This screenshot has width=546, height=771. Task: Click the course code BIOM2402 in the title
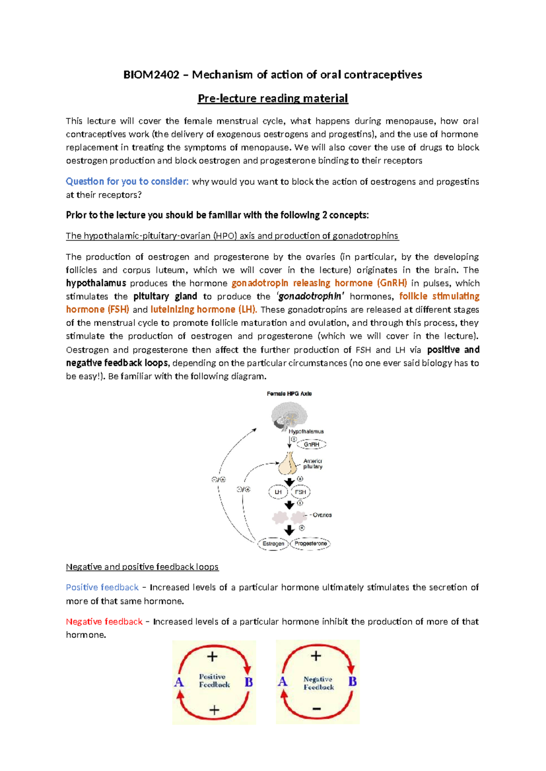click(x=151, y=75)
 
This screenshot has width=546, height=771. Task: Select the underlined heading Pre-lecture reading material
click(x=273, y=99)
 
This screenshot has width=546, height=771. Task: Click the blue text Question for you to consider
click(x=127, y=181)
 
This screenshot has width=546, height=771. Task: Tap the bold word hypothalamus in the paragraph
click(x=96, y=283)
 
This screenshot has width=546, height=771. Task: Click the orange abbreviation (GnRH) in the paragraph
click(x=392, y=283)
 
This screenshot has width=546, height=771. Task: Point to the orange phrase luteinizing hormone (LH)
click(x=203, y=310)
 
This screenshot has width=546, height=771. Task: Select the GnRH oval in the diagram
click(x=312, y=444)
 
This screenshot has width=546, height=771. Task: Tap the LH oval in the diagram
click(x=278, y=492)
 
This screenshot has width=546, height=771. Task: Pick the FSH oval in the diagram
click(x=300, y=492)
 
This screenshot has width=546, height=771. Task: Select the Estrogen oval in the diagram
click(x=273, y=544)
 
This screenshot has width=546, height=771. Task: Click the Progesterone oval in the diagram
click(x=310, y=543)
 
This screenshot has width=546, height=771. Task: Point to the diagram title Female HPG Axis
click(x=289, y=394)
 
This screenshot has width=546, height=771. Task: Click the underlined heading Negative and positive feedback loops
click(x=142, y=567)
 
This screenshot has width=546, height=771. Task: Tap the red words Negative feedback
click(x=104, y=621)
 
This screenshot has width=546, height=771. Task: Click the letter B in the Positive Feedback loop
click(x=248, y=682)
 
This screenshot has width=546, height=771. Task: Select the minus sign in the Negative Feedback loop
click(x=317, y=709)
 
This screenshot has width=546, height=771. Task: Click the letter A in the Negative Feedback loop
click(x=283, y=681)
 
